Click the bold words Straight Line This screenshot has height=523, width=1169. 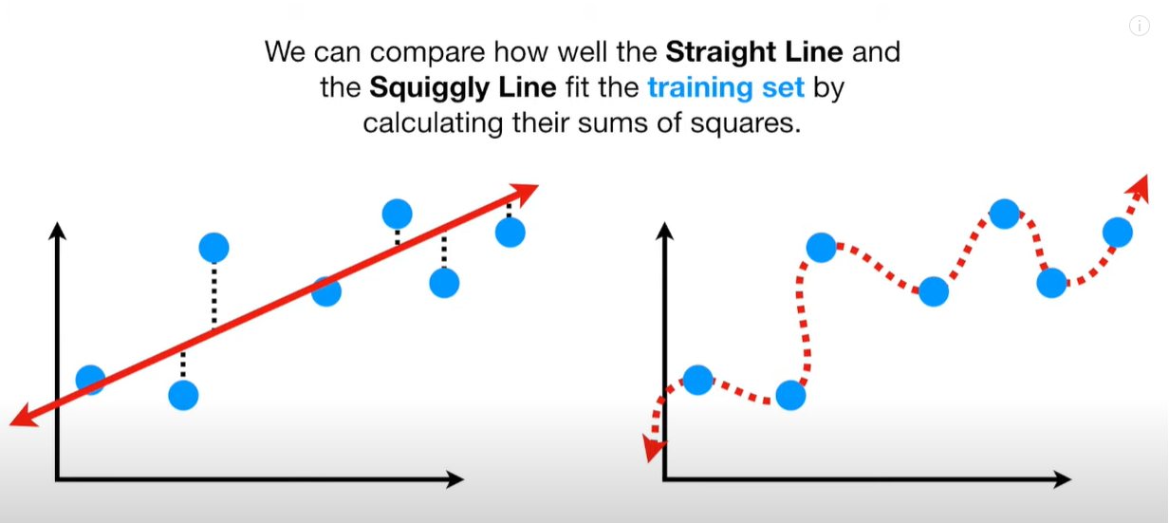pos(754,52)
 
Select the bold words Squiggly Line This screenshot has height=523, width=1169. pos(463,87)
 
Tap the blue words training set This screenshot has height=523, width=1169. pos(726,87)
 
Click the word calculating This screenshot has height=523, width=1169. pos(433,123)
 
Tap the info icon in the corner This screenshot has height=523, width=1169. pos(1140,25)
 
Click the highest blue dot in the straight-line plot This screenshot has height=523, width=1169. pos(398,214)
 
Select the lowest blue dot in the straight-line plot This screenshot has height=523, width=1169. pos(183,395)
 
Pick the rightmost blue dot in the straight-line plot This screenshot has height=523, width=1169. pos(510,233)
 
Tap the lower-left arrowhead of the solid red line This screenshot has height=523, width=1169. pos(24,417)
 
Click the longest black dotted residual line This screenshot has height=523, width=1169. pos(214,295)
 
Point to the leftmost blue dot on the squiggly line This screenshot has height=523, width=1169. pos(697,380)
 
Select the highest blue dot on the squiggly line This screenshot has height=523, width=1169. pos(1005,214)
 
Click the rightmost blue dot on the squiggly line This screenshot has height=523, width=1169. pos(1118,233)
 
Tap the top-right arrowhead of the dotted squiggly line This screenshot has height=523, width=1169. pos(1140,188)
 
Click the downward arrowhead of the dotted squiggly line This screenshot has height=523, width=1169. pos(653,449)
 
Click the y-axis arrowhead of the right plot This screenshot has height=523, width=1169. pos(664,231)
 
